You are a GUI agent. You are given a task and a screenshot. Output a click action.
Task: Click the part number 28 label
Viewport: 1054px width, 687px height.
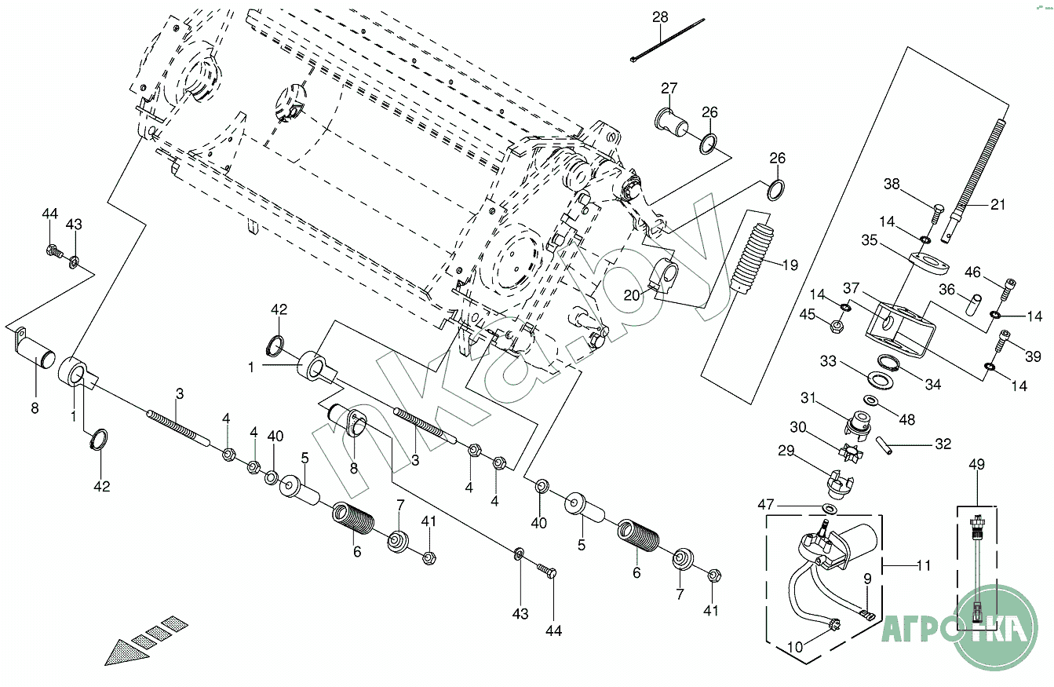coord(660,17)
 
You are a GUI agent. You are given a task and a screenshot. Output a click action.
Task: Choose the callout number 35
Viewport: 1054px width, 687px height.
coord(869,240)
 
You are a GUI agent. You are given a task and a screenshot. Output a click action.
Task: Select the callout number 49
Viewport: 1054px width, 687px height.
coord(976,465)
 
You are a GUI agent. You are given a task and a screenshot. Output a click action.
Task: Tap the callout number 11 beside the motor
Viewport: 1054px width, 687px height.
coord(924,565)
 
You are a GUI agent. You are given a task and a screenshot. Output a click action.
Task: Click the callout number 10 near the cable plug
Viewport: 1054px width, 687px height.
coord(795,647)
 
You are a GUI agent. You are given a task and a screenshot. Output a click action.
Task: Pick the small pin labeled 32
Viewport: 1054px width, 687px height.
coord(885,445)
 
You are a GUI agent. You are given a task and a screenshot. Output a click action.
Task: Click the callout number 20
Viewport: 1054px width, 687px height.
coord(632,294)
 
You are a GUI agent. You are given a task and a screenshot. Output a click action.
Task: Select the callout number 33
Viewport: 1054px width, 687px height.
coord(829,362)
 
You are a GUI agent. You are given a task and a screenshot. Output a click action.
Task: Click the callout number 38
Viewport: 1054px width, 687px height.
coord(892,185)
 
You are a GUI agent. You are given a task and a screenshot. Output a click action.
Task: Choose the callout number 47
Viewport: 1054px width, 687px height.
coord(766,503)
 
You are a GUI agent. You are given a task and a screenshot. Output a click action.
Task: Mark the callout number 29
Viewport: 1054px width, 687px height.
coord(808,451)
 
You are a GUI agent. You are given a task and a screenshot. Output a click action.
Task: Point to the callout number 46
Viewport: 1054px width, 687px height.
coord(972,273)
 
